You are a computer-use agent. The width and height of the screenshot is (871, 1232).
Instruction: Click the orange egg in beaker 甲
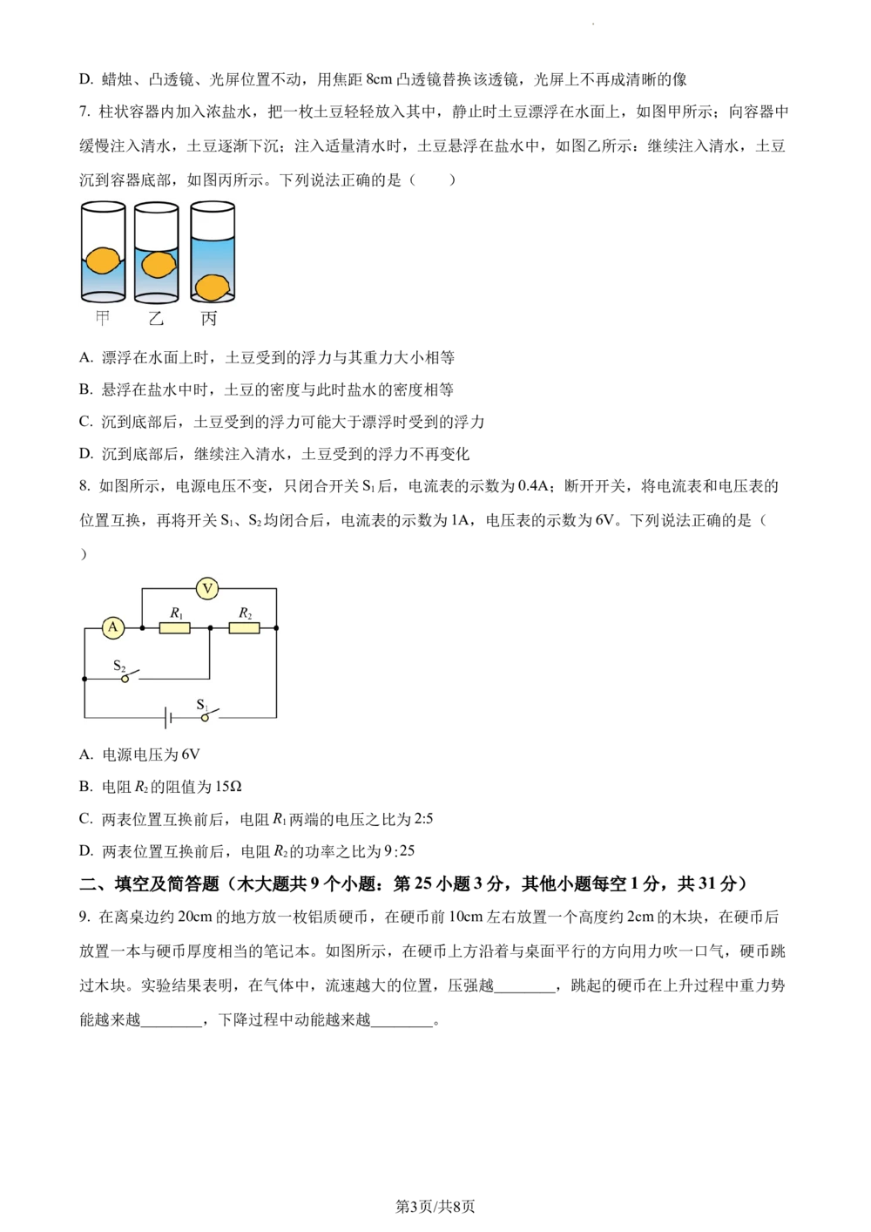click(103, 260)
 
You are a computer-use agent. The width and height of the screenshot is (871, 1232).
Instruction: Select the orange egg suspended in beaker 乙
click(158, 264)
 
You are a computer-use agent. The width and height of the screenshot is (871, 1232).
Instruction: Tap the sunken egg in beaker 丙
click(212, 286)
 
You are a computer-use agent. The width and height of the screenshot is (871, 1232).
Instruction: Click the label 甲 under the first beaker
click(103, 318)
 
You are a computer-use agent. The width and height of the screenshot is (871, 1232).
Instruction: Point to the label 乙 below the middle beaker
click(156, 318)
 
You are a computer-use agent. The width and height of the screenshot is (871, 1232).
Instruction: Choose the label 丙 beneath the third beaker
click(209, 318)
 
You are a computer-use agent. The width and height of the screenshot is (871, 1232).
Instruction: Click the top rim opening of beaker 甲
click(103, 207)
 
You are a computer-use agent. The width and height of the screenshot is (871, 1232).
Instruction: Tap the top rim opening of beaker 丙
click(213, 207)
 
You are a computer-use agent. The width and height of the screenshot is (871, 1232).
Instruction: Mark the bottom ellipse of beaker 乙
click(157, 298)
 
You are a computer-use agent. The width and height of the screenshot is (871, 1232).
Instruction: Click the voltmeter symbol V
click(207, 589)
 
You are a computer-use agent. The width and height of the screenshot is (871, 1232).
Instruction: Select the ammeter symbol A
click(112, 627)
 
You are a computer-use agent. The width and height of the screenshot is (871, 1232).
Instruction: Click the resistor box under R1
click(175, 627)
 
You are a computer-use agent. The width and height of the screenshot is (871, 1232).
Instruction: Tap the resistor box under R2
click(244, 627)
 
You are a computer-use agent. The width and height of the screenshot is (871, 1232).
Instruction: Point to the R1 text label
click(176, 613)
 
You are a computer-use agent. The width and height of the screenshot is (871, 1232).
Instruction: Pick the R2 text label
click(245, 613)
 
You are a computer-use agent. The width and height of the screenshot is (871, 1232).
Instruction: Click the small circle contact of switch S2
click(125, 679)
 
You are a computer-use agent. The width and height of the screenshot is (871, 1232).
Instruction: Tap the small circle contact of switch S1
click(206, 717)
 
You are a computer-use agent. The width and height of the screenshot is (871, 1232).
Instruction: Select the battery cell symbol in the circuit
click(168, 717)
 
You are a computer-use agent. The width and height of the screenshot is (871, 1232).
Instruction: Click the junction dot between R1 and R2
click(210, 627)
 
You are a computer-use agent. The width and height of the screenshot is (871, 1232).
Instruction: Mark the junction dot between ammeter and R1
click(142, 627)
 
